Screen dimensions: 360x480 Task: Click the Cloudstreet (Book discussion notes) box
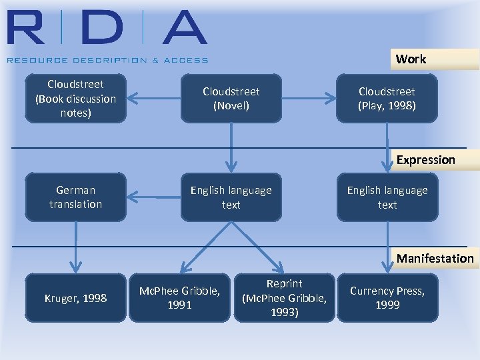75,99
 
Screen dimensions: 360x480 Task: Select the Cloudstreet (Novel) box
231,99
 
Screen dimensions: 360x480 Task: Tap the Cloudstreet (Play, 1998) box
387,99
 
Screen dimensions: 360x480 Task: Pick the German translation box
75,197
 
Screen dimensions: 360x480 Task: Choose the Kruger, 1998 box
75,298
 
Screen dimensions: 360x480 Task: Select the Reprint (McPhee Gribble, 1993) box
285,298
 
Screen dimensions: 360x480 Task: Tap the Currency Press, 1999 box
387,298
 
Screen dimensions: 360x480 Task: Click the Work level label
411,59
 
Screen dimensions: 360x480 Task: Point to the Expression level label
425,160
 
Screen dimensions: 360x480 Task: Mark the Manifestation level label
435,259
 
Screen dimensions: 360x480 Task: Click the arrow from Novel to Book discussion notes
153,99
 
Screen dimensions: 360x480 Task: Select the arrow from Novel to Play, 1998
309,99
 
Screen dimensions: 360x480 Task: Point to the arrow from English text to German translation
153,197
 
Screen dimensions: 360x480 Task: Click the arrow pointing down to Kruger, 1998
76,247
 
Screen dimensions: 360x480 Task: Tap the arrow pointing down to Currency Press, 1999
388,247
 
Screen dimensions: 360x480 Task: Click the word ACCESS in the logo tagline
187,60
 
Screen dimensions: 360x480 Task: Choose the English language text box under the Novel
231,197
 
